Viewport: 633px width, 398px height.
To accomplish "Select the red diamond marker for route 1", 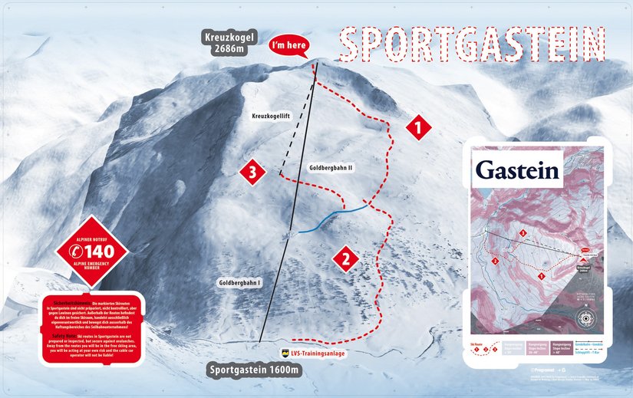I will click(x=417, y=127).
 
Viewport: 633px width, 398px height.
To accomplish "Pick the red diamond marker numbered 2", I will click(x=345, y=258).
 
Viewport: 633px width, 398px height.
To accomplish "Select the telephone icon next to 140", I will click(x=76, y=251).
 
